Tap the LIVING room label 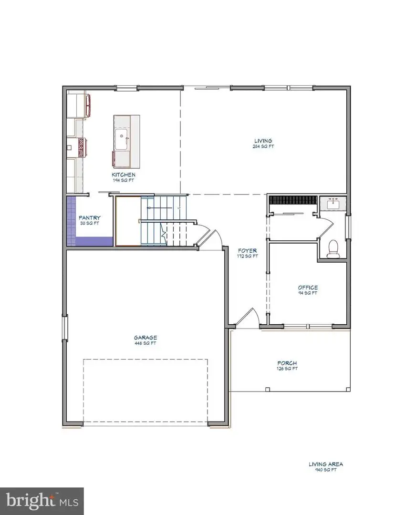(263, 141)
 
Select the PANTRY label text (90, 218)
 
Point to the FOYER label (248, 250)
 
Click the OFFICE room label (308, 288)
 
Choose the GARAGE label (146, 338)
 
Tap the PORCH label (287, 363)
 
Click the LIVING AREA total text (325, 464)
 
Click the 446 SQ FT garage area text (146, 343)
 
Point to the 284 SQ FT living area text (263, 146)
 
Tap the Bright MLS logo (42, 501)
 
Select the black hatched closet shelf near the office (292, 200)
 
